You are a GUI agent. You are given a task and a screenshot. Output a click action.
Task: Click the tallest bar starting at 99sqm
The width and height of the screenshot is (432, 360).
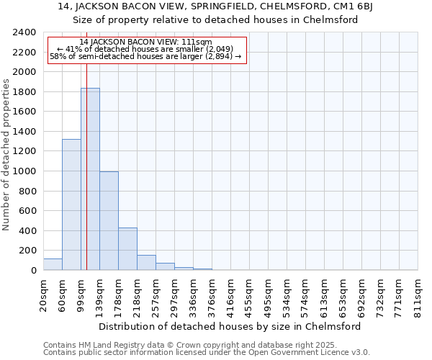pyautogui.click(x=90, y=179)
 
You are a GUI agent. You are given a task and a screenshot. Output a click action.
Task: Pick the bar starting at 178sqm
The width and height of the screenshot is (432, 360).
pyautogui.click(x=127, y=249)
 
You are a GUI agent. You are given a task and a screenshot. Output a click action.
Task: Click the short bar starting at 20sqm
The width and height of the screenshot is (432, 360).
pyautogui.click(x=53, y=264)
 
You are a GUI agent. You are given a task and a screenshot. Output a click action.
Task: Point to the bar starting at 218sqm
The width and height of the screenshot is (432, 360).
pyautogui.click(x=146, y=263)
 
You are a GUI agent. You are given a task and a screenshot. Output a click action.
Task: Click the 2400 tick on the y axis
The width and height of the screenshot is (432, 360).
pyautogui.click(x=24, y=32)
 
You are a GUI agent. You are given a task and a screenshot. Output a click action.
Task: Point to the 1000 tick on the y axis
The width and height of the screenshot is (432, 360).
pyautogui.click(x=24, y=171)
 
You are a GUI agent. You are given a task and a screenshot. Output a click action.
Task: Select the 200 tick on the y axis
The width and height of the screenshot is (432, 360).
pyautogui.click(x=27, y=251)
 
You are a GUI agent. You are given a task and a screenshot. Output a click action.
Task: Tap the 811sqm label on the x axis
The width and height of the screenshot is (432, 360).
pyautogui.click(x=418, y=293)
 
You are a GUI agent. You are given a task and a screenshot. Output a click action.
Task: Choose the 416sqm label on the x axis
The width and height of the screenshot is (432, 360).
pyautogui.click(x=231, y=293)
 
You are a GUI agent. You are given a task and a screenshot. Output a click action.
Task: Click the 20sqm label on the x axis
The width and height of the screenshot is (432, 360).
pyautogui.click(x=44, y=293)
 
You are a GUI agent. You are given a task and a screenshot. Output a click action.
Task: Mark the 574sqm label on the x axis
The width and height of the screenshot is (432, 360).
pyautogui.click(x=306, y=293)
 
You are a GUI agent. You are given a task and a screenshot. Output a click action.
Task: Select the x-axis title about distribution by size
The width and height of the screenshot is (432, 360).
pyautogui.click(x=230, y=326)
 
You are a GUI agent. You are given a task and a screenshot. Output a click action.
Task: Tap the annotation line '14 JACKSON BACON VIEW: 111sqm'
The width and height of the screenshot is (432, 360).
pyautogui.click(x=147, y=42)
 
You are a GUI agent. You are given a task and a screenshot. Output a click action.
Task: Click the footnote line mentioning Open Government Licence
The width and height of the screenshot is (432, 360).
pyautogui.click(x=207, y=352)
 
